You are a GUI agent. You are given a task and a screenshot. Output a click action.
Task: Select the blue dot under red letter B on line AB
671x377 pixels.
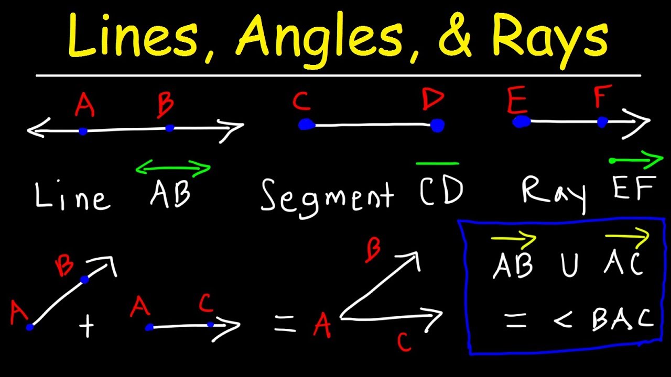pos(169,128)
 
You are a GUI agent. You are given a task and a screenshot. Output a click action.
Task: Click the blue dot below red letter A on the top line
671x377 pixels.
pos(83,131)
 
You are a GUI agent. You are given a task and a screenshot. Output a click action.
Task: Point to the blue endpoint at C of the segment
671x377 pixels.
pos(306,125)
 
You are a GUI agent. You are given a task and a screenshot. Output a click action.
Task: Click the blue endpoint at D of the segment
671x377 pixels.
pos(437,125)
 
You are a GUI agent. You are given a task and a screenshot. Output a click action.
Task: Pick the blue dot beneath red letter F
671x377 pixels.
pos(602,122)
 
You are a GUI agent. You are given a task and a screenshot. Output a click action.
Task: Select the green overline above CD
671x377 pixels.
pos(437,163)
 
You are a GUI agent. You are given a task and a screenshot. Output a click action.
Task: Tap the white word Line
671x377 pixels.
pos(72,196)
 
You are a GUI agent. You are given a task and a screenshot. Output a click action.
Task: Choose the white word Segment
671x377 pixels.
pos(327,196)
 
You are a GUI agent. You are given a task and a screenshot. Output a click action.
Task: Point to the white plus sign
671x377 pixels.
pos(86,327)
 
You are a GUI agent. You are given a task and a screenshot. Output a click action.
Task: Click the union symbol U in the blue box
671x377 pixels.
pos(570,265)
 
